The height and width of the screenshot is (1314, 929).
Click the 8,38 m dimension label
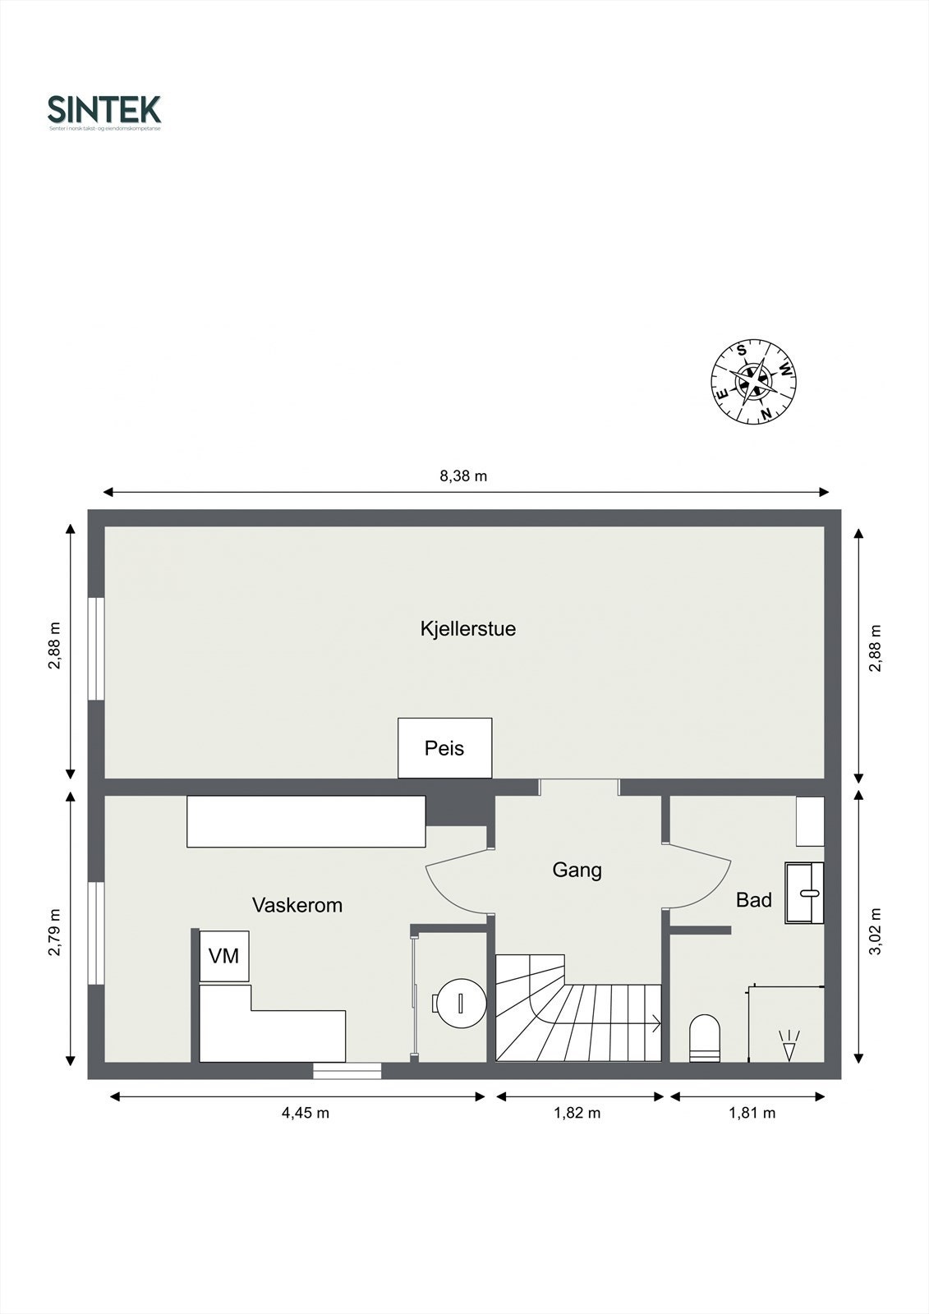click(x=464, y=476)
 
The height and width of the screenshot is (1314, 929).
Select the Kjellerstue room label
click(x=467, y=629)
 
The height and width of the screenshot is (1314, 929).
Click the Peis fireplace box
click(x=444, y=748)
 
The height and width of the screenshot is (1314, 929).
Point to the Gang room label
click(x=577, y=870)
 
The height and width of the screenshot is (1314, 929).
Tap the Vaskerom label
click(x=297, y=905)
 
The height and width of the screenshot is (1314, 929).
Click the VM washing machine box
click(x=224, y=956)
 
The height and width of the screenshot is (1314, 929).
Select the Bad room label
click(x=753, y=900)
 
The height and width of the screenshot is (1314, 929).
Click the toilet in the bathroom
click(x=705, y=1038)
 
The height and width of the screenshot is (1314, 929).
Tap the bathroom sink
click(x=804, y=893)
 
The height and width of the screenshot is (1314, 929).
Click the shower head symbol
click(x=789, y=1045)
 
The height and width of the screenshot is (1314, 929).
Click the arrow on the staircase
click(x=655, y=1023)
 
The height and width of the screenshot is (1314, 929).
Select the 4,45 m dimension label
click(x=306, y=1114)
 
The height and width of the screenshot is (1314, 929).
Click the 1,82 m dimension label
click(x=577, y=1114)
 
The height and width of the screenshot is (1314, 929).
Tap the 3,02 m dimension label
click(x=876, y=931)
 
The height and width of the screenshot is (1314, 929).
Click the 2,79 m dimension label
click(x=55, y=933)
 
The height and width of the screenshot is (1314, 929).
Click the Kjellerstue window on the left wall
click(x=97, y=649)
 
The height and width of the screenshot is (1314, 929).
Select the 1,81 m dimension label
click(x=752, y=1114)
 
